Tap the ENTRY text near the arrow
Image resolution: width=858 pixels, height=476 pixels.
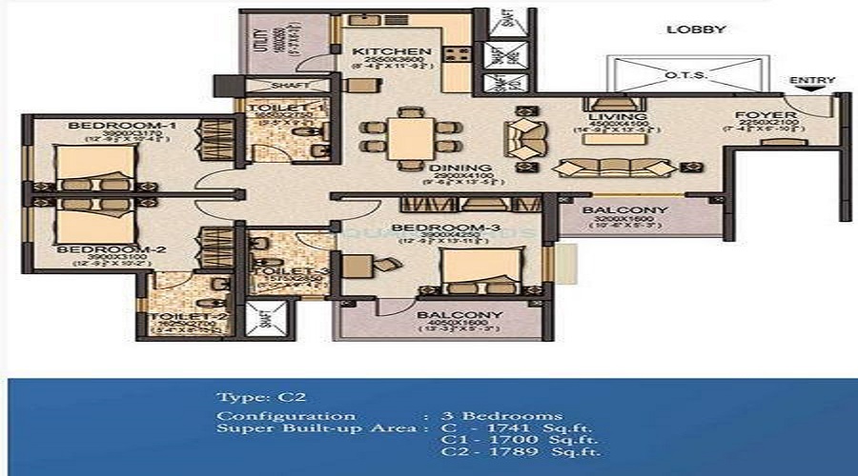click(812, 81)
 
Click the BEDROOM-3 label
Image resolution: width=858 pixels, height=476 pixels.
click(432, 227)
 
